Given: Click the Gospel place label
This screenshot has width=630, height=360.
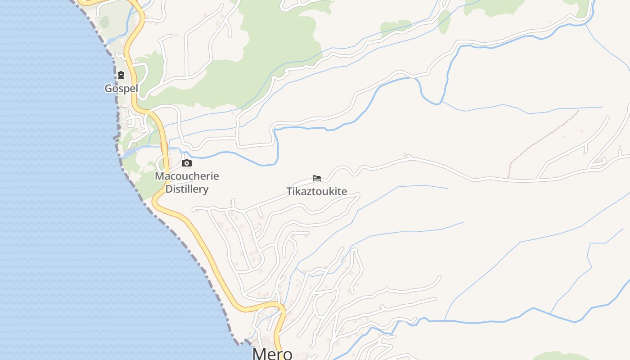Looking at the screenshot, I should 121,89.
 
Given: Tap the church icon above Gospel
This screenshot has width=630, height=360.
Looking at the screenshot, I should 121,75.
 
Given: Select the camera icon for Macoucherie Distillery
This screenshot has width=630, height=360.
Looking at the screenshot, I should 187,163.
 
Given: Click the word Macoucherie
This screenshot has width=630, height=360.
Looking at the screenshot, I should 187,176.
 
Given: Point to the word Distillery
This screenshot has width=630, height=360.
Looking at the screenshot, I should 187,189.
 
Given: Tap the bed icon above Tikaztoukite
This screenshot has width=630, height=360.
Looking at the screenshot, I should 317,178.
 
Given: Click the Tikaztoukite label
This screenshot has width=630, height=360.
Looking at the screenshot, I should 317,191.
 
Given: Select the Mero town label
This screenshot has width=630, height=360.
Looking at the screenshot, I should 272,353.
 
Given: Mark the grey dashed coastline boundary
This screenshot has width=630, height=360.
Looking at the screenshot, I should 180,234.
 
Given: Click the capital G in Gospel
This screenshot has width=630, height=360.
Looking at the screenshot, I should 108,89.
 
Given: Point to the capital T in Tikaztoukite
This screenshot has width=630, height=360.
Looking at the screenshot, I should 289,191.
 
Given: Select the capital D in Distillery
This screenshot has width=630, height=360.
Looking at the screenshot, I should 169,189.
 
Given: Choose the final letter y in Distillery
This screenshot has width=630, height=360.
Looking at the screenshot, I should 206,190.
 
